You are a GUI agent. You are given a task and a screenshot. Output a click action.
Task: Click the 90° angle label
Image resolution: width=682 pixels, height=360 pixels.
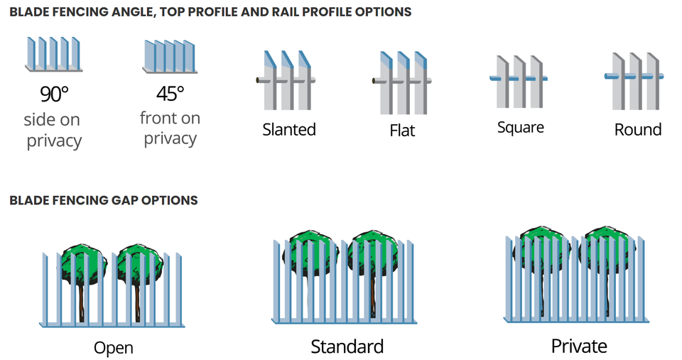click(54, 94)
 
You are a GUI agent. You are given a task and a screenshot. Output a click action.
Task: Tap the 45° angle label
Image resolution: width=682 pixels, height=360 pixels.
click(170, 93)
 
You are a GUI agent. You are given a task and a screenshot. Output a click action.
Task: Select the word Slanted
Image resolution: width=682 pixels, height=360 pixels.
click(289, 129)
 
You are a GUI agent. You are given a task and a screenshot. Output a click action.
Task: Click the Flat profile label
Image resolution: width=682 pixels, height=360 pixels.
click(402, 131)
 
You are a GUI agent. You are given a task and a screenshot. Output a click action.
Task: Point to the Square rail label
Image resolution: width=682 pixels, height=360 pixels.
click(521, 128)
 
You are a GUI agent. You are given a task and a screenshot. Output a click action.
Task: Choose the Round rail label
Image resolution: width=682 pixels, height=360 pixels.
click(637, 129)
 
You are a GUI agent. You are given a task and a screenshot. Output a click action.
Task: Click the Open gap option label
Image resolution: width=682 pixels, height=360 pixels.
click(114, 348)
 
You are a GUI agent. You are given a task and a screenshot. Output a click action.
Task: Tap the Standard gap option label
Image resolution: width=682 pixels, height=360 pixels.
click(347, 347)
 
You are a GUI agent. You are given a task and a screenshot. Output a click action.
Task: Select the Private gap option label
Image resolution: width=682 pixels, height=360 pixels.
click(579, 346)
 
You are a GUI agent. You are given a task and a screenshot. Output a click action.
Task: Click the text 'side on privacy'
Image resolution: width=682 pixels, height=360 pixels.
click(53, 130)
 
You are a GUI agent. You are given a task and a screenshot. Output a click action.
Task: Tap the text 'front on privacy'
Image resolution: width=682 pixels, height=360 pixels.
click(170, 128)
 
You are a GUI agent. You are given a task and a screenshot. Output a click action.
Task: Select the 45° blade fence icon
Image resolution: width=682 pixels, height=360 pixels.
click(170, 55)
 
